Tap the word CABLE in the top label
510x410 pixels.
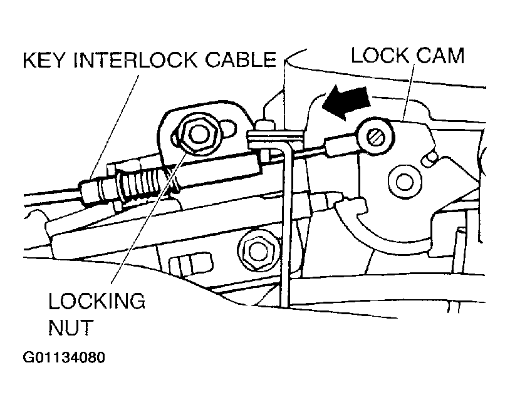[x=241, y=60]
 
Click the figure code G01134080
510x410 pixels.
[x=65, y=358]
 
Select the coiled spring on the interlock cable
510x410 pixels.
[x=147, y=184]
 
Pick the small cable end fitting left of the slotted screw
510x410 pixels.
[x=336, y=148]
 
